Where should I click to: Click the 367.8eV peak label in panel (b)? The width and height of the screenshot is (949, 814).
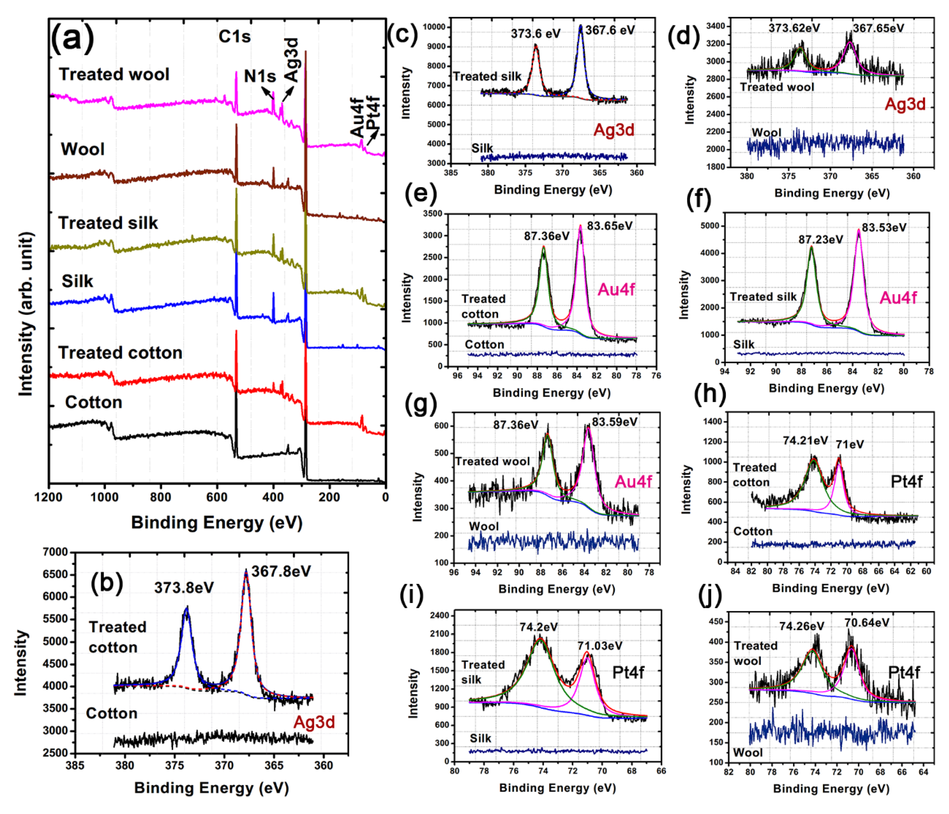click(x=281, y=571)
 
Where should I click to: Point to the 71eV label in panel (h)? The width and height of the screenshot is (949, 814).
click(x=850, y=444)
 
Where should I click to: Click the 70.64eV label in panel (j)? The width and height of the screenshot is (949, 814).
click(x=866, y=623)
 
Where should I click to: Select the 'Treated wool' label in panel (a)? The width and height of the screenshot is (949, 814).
click(x=114, y=74)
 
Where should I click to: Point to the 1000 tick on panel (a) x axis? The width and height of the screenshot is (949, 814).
click(x=105, y=497)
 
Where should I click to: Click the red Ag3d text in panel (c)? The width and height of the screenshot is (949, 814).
click(x=614, y=130)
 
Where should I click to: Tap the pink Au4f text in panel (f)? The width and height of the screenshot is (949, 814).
click(x=898, y=298)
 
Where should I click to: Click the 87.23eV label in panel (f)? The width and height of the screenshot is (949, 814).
click(x=820, y=240)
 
